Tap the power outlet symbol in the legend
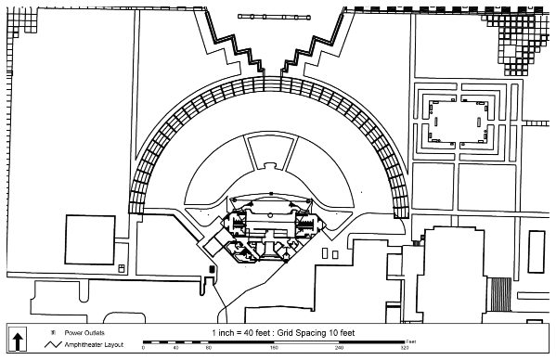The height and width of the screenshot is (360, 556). click(53, 332)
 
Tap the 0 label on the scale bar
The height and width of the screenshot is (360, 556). click(143, 348)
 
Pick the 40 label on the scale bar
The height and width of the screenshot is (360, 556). click(175, 348)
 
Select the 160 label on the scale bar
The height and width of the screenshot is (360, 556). click(274, 348)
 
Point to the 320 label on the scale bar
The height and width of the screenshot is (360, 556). click(404, 348)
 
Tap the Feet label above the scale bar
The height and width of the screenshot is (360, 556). click(398, 340)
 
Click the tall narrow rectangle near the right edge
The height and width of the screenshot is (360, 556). click(537, 251)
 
